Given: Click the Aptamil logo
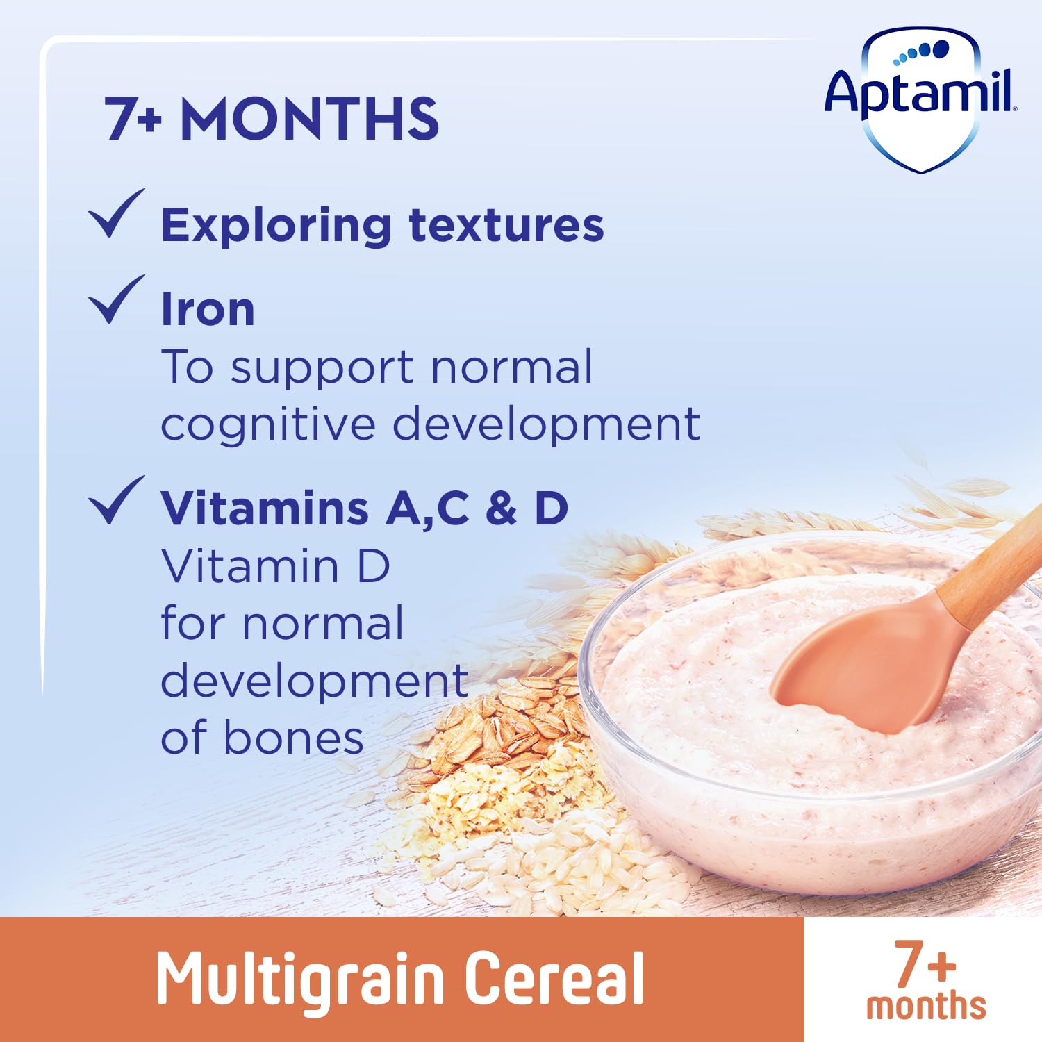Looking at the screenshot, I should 920,97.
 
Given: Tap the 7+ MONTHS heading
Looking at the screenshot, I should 272,119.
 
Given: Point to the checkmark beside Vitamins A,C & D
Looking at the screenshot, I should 115,501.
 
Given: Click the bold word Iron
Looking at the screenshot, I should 207,309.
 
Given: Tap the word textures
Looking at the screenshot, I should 506,226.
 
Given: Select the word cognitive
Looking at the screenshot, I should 267,424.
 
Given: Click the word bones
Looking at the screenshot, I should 293,738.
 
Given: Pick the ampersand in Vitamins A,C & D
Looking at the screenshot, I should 502,508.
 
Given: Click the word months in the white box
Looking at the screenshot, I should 925,1007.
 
